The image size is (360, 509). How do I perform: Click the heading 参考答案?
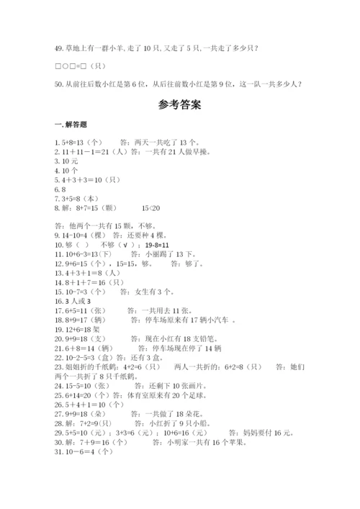179,104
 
